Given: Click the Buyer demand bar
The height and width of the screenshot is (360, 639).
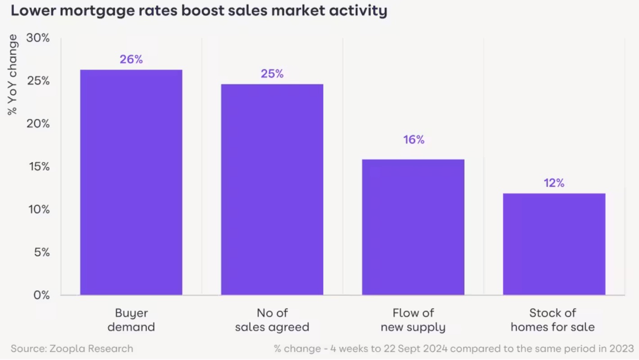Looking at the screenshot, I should (x=131, y=182).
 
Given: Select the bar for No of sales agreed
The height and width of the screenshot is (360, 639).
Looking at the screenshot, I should (x=272, y=189).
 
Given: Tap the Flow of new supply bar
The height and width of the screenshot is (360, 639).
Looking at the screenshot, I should (x=413, y=227).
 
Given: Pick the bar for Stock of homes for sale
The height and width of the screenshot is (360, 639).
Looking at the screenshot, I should (x=554, y=244).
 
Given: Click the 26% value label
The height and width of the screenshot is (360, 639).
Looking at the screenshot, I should (x=131, y=59).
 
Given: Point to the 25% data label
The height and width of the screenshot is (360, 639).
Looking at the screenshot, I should (x=272, y=74).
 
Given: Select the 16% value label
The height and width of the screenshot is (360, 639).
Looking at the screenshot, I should (x=414, y=140).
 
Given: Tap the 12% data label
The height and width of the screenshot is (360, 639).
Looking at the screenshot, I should (x=554, y=183).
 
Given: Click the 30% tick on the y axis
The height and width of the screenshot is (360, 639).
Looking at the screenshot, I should (x=38, y=38).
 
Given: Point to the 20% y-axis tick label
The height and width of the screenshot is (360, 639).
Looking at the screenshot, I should (x=38, y=124).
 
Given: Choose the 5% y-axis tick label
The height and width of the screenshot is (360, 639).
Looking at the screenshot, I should (x=40, y=252).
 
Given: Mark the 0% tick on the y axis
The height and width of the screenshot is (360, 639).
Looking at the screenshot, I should (x=40, y=295).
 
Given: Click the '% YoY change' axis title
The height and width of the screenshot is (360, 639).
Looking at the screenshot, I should (x=13, y=75).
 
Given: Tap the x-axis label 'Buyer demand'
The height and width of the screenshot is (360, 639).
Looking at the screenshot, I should (x=131, y=320).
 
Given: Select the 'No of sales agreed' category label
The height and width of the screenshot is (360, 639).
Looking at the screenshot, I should (x=272, y=320).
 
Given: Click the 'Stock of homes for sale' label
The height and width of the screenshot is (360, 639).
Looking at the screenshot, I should (x=553, y=320).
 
